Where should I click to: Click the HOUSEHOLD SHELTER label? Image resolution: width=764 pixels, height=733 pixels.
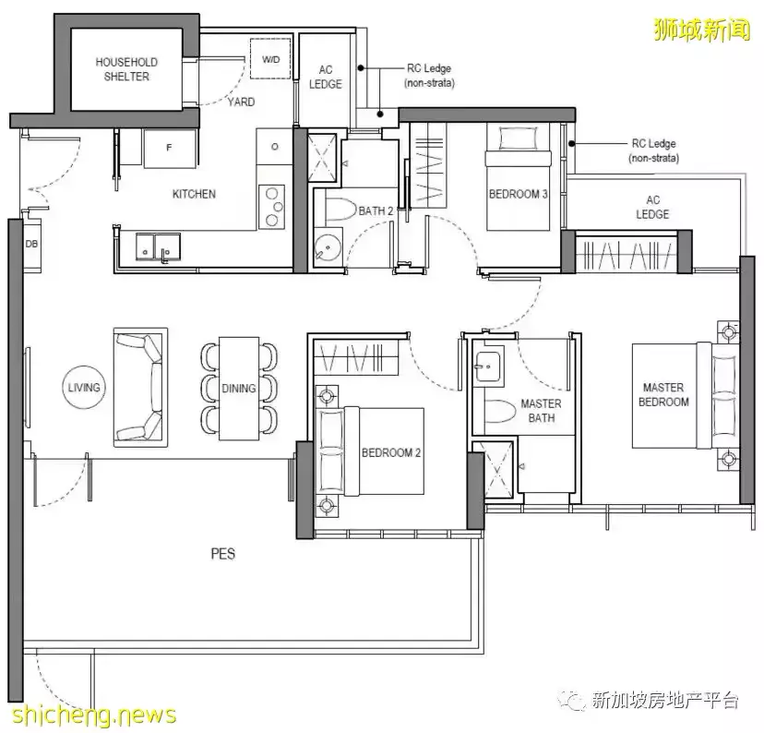pyautogui.click(x=126, y=69)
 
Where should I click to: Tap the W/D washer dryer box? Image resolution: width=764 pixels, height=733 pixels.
pyautogui.click(x=270, y=59)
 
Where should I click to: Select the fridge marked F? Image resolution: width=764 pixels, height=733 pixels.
pyautogui.click(x=169, y=148)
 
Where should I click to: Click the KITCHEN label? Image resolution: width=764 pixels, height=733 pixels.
pyautogui.click(x=194, y=194)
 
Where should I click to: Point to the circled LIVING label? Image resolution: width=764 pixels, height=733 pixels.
pyautogui.click(x=83, y=388)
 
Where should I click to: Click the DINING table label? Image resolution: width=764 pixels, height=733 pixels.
pyautogui.click(x=239, y=389)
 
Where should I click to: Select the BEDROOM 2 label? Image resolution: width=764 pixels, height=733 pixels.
pyautogui.click(x=391, y=452)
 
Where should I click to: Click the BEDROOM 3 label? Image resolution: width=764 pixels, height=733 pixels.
pyautogui.click(x=518, y=194)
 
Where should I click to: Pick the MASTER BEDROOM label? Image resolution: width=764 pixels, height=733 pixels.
pyautogui.click(x=666, y=394)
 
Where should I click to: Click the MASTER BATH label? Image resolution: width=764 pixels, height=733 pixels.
pyautogui.click(x=541, y=411)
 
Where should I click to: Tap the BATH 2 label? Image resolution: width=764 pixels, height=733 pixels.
pyautogui.click(x=376, y=211)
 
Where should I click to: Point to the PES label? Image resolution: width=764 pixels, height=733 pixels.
pyautogui.click(x=222, y=554)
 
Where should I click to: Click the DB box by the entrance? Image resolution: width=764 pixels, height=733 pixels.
pyautogui.click(x=30, y=244)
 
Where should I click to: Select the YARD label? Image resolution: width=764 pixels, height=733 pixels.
pyautogui.click(x=242, y=102)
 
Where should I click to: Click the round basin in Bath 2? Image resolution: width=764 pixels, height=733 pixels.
pyautogui.click(x=328, y=247)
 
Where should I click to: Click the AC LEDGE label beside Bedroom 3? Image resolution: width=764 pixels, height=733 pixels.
pyautogui.click(x=652, y=207)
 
